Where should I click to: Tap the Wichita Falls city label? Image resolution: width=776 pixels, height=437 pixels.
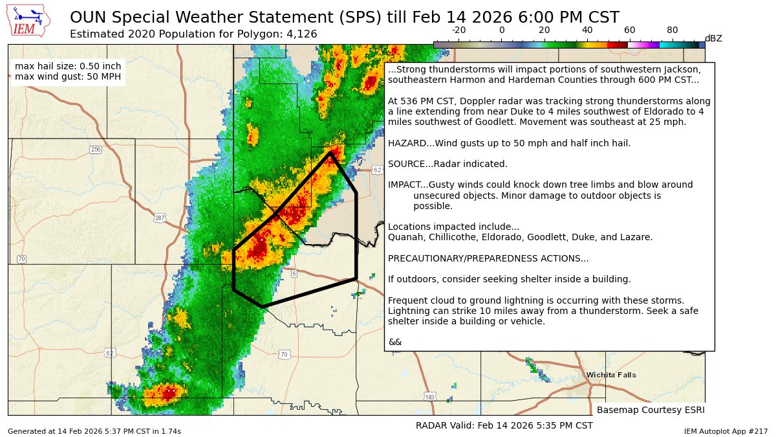tap(610, 375)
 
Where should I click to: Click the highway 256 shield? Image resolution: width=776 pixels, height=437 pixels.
tap(96, 150)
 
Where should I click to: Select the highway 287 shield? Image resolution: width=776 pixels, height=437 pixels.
tap(160, 218)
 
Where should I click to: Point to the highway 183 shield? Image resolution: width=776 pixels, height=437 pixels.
tap(430, 397)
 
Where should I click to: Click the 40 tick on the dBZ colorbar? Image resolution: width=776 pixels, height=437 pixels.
tap(587, 30)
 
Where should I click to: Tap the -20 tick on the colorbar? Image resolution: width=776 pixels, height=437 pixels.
tap(458, 30)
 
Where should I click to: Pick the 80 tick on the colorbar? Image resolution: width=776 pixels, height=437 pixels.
tap(673, 30)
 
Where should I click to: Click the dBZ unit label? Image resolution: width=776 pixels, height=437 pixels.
tap(713, 38)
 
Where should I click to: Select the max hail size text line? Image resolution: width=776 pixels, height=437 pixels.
tap(68, 67)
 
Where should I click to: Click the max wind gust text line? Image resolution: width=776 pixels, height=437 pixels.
tap(68, 77)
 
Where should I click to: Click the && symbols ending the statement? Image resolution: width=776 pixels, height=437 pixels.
tap(394, 342)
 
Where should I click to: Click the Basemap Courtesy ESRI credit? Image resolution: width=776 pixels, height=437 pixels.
tap(650, 410)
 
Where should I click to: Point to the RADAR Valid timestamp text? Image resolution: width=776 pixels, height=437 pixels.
tap(504, 425)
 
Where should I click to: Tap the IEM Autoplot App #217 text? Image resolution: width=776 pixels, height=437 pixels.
tap(726, 431)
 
